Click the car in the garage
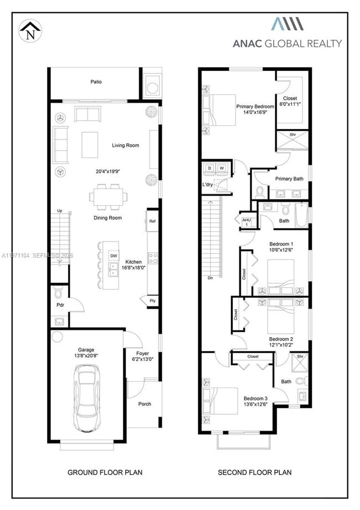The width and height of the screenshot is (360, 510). (x=87, y=401)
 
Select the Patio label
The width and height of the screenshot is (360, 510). (x=96, y=82)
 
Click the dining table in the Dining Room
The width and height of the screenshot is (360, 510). (x=109, y=197)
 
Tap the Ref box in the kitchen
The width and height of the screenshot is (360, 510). (x=152, y=221)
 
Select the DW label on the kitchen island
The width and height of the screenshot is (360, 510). (x=113, y=257)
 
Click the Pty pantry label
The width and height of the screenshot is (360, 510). (x=152, y=300)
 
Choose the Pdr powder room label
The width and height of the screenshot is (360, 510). (x=59, y=305)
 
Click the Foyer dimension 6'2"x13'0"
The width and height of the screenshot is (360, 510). (x=143, y=360)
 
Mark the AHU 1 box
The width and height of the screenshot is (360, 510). (x=246, y=221)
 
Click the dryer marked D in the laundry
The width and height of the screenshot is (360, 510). (x=210, y=167)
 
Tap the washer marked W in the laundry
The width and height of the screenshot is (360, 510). (x=222, y=167)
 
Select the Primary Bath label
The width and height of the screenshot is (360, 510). (x=290, y=178)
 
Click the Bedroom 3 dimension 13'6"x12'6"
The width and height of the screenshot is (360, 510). (x=255, y=405)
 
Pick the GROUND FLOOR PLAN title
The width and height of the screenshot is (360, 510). (x=105, y=472)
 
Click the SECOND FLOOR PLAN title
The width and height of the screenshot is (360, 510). (x=255, y=472)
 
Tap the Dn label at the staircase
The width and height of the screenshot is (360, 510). (x=210, y=277)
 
